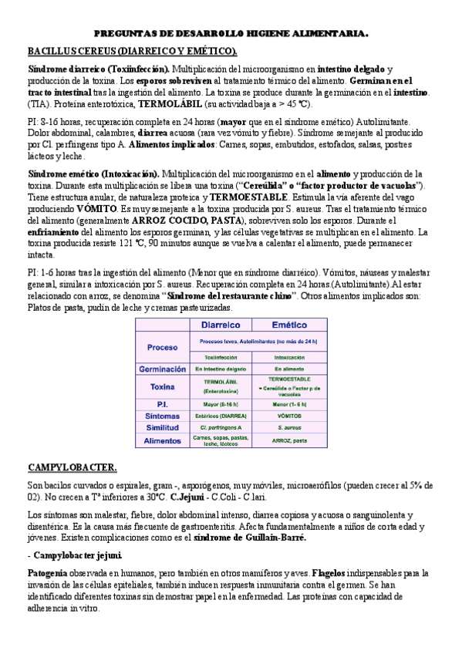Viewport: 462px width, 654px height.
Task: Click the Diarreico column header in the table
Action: point(221,325)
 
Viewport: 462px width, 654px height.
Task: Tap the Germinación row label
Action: point(162,369)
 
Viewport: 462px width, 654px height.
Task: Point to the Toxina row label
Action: point(162,386)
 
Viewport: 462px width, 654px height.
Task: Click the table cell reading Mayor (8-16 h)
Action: point(221,404)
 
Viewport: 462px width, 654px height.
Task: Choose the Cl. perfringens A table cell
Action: point(221,427)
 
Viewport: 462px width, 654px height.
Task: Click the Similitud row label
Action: point(162,427)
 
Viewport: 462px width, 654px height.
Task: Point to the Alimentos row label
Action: point(162,440)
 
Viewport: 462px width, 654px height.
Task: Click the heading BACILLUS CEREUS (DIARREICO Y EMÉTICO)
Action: point(132,51)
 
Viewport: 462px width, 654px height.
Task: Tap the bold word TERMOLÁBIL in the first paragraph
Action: point(166,103)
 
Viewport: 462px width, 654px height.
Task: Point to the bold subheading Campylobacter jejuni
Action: point(77,555)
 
